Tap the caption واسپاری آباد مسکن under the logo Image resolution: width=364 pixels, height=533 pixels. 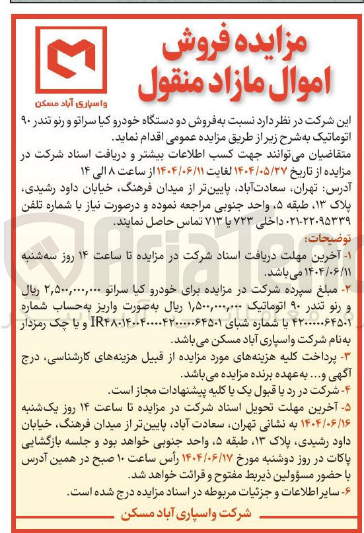pos(70,104)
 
